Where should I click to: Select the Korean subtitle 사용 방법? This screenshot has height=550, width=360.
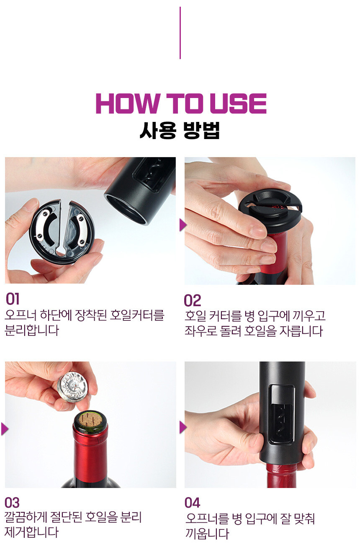(180, 130)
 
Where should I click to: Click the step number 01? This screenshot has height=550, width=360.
(12, 299)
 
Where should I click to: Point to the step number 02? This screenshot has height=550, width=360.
(193, 300)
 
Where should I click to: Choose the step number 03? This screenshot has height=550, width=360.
(12, 503)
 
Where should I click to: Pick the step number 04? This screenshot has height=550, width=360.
(193, 503)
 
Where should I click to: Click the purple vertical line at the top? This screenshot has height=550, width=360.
(180, 33)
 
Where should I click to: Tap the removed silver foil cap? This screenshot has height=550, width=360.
(73, 387)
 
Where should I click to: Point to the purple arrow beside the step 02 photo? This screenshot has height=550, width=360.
(183, 225)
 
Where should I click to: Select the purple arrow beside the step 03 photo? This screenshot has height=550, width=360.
(5, 429)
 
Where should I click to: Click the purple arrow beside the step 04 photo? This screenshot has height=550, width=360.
(183, 427)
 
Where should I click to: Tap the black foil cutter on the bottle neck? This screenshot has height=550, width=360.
(270, 211)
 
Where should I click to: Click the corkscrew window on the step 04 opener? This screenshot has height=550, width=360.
(281, 414)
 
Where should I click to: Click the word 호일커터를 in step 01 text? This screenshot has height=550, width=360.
(137, 315)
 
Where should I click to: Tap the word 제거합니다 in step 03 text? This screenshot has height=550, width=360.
(32, 532)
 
